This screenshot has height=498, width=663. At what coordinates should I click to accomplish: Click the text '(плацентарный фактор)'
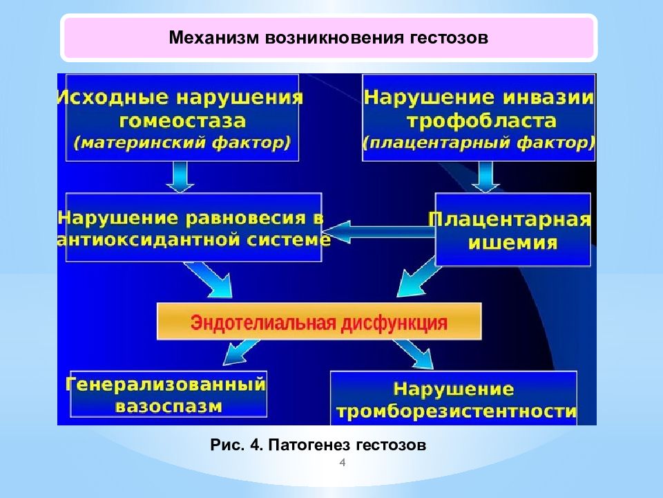[x=479, y=144]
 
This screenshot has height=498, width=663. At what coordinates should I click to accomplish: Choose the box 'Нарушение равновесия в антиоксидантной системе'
[x=193, y=228]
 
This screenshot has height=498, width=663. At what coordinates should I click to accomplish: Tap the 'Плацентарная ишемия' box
[x=512, y=230]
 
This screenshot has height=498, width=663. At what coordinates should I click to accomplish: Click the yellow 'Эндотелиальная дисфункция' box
[x=319, y=322]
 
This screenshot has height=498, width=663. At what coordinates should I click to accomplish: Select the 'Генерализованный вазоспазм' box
[x=168, y=395]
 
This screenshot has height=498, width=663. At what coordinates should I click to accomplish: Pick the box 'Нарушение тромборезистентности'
[x=454, y=399]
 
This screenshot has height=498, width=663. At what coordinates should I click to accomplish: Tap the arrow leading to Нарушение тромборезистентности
[x=412, y=354]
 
